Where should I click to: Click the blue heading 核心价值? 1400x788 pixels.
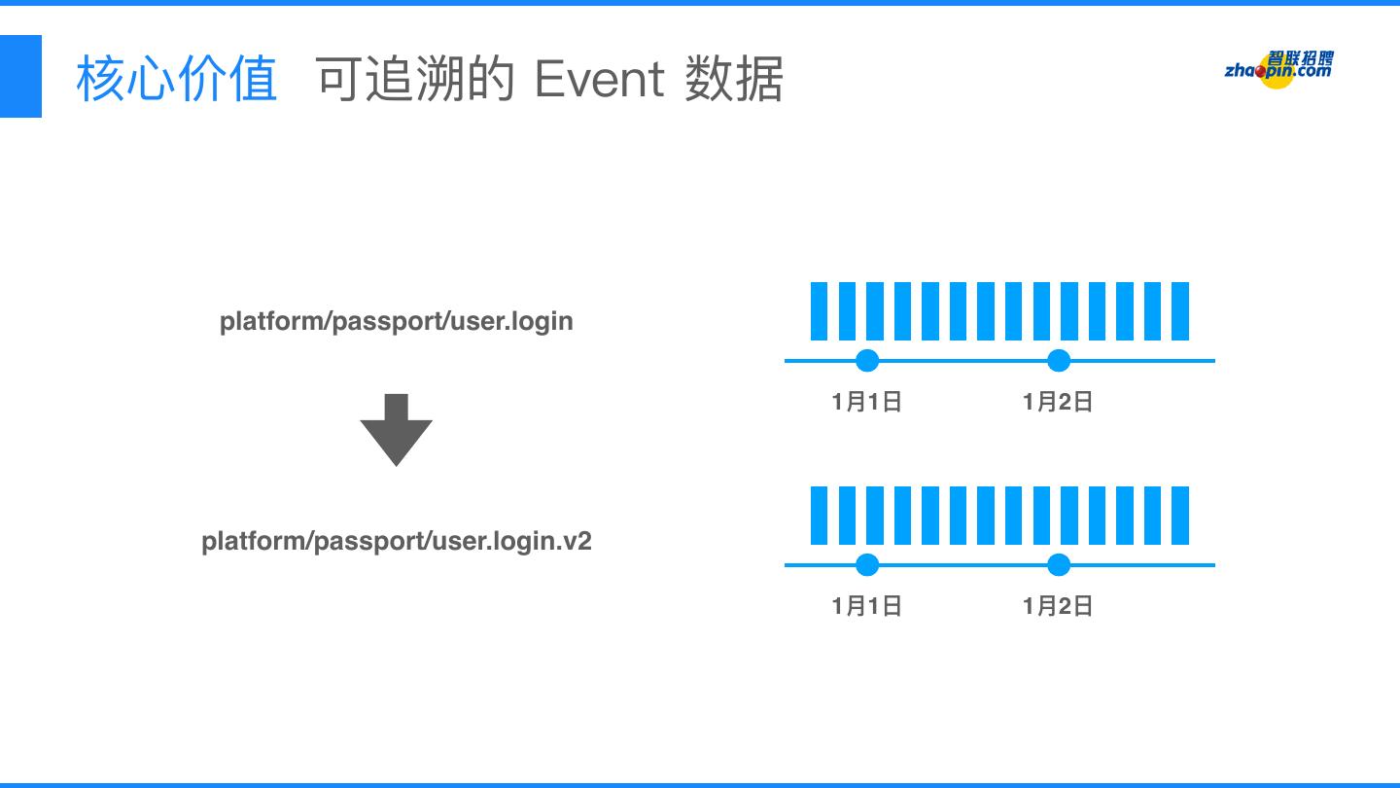(176, 79)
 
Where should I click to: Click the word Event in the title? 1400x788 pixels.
(599, 79)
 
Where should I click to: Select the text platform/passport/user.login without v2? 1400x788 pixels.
(396, 321)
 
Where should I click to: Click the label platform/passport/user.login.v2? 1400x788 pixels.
(396, 541)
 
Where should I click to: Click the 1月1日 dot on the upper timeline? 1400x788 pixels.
(867, 361)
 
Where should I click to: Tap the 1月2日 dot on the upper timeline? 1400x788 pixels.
(1059, 361)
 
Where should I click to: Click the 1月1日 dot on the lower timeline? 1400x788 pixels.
(867, 565)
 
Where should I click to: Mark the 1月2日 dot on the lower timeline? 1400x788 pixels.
(1059, 565)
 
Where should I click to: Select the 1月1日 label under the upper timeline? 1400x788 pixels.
(867, 402)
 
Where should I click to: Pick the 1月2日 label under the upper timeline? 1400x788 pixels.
(1058, 402)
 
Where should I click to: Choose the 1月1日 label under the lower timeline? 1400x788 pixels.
(867, 606)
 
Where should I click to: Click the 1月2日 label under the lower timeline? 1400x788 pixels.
(1058, 606)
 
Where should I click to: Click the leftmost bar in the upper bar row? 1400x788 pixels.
(819, 311)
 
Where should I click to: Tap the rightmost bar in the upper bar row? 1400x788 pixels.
(1180, 311)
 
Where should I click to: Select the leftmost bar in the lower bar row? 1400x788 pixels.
(819, 516)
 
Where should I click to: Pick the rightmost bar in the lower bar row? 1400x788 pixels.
(1180, 516)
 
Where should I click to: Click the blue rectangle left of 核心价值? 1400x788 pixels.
(20, 76)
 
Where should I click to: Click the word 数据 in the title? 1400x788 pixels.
(734, 79)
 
